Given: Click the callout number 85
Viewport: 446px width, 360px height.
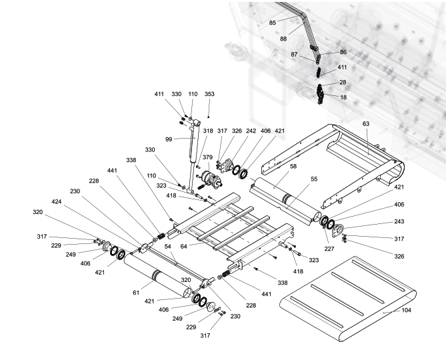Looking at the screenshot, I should click(x=273, y=23).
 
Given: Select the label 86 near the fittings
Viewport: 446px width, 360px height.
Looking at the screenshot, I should click(x=343, y=51).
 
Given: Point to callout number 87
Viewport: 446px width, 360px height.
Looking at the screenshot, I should click(x=295, y=54).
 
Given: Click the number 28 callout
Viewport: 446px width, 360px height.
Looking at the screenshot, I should click(x=343, y=82).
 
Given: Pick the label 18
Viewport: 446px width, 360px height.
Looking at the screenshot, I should click(x=343, y=97).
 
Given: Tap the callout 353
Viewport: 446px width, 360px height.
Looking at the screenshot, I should click(x=209, y=94).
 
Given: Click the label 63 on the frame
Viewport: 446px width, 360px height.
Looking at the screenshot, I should click(x=365, y=123).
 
